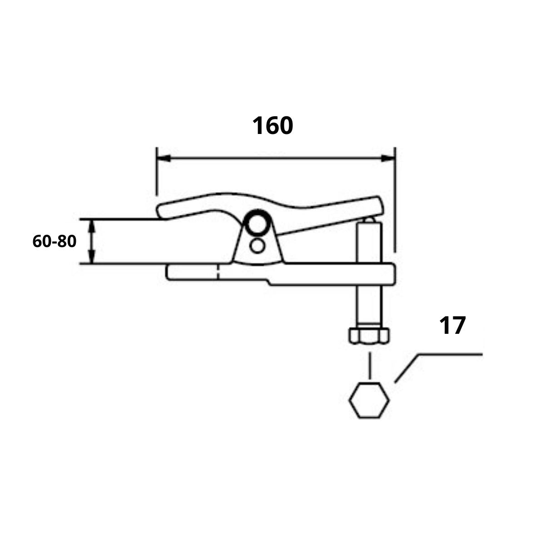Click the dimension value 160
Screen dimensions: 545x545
point(272,126)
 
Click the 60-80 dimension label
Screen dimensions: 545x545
point(54,242)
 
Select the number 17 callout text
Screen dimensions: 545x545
point(452,326)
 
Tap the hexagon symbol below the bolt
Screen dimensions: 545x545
point(369,400)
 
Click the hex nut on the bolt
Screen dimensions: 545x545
point(369,336)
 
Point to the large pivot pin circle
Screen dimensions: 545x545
point(257,223)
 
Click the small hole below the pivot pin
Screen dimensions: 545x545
point(258,246)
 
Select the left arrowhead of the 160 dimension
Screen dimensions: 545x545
point(163,159)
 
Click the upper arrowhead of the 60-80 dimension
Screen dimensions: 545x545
point(93,224)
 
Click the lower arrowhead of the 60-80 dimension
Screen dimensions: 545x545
point(93,258)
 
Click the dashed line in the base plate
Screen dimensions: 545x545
point(218,272)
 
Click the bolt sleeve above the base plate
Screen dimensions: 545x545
point(368,241)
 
